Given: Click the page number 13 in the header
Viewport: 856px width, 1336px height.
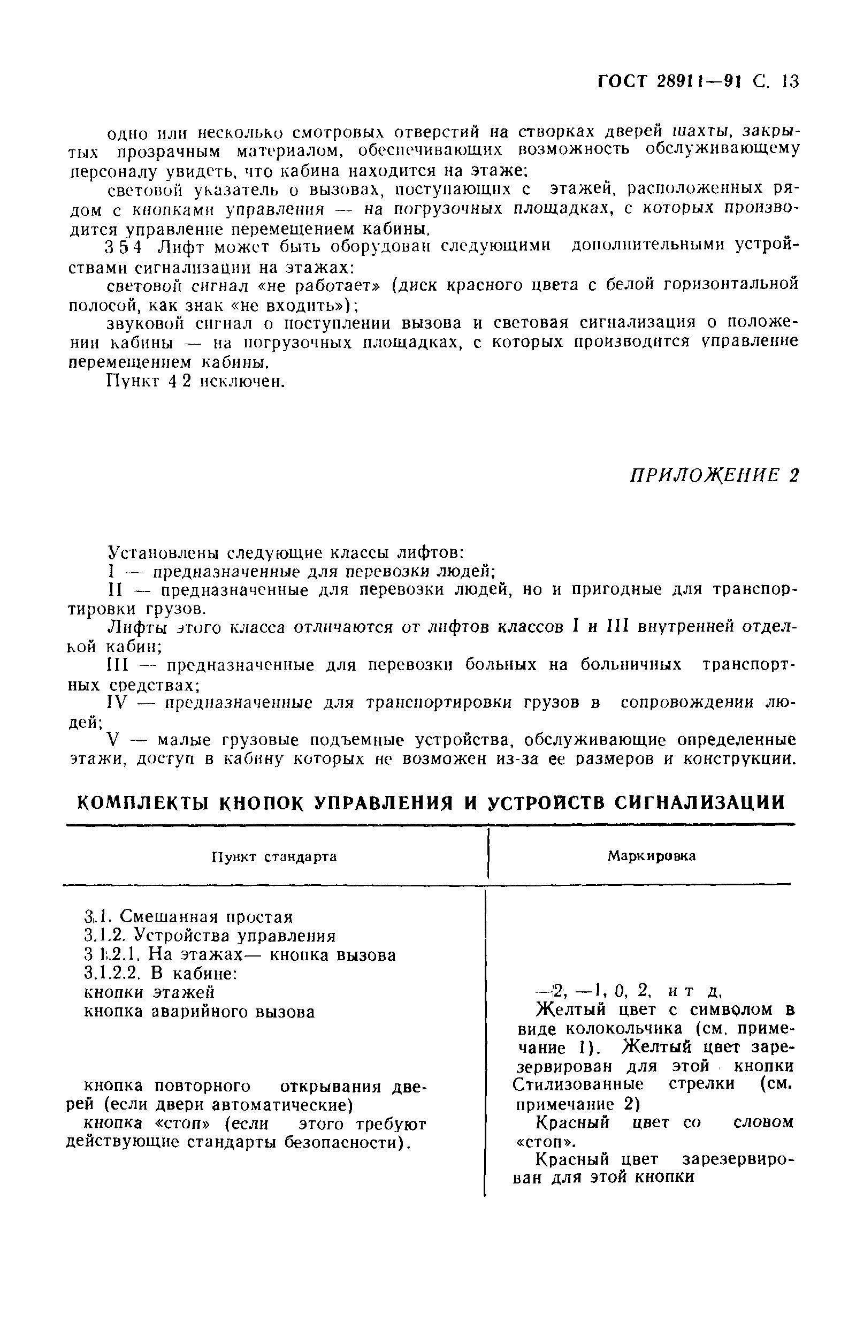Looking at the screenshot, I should (x=789, y=82).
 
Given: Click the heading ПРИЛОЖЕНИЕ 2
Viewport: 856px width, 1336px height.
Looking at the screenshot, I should (x=714, y=476).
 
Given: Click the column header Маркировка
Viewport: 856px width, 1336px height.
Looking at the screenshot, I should (x=651, y=856).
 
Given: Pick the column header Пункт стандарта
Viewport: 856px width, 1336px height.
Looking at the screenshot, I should (x=274, y=857).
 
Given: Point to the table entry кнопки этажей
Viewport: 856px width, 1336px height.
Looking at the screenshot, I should (x=149, y=992).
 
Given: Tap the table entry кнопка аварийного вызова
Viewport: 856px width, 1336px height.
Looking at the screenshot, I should (x=199, y=1011).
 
